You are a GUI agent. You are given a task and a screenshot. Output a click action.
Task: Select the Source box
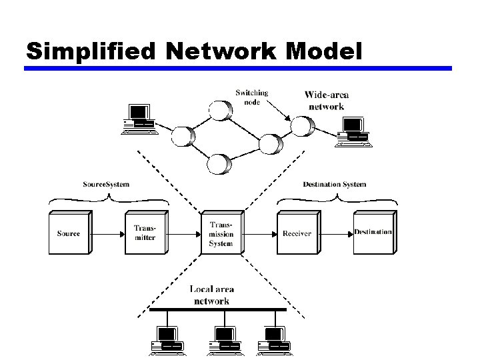pyautogui.click(x=69, y=233)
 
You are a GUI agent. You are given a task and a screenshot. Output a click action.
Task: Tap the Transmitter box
pyautogui.click(x=146, y=233)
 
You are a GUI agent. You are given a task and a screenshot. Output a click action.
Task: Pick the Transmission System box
pyautogui.click(x=222, y=233)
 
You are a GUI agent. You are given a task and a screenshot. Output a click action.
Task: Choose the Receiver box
pyautogui.click(x=297, y=233)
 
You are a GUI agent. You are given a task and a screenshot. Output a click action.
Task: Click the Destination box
pyautogui.click(x=373, y=233)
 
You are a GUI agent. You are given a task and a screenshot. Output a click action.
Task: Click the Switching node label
pyautogui.click(x=251, y=97)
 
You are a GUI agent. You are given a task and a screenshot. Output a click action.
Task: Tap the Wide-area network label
pyautogui.click(x=326, y=101)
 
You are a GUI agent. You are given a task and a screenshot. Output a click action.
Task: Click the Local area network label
pyautogui.click(x=211, y=295)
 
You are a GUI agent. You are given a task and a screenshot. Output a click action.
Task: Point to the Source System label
pyautogui.click(x=106, y=184)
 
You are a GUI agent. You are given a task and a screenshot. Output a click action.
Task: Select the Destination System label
pyautogui.click(x=334, y=184)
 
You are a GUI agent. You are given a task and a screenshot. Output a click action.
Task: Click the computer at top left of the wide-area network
pyautogui.click(x=139, y=119)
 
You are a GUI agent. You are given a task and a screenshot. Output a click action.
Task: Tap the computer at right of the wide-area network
pyautogui.click(x=353, y=129)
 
